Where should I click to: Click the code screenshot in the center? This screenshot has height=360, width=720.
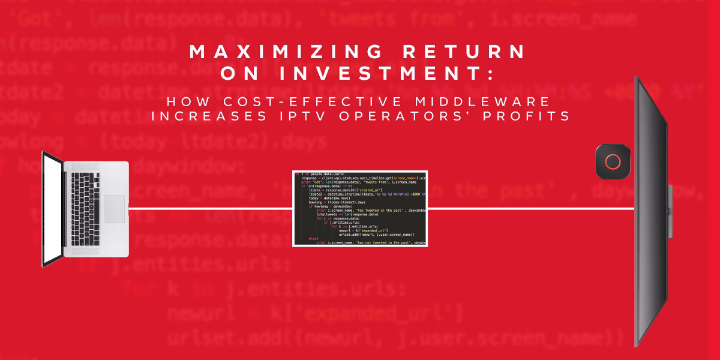(x=360, y=208)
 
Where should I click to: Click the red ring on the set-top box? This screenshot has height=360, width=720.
(x=613, y=162)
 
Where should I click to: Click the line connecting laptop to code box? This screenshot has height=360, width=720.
(x=210, y=209)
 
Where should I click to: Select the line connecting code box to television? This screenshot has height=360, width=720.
(x=531, y=209)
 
